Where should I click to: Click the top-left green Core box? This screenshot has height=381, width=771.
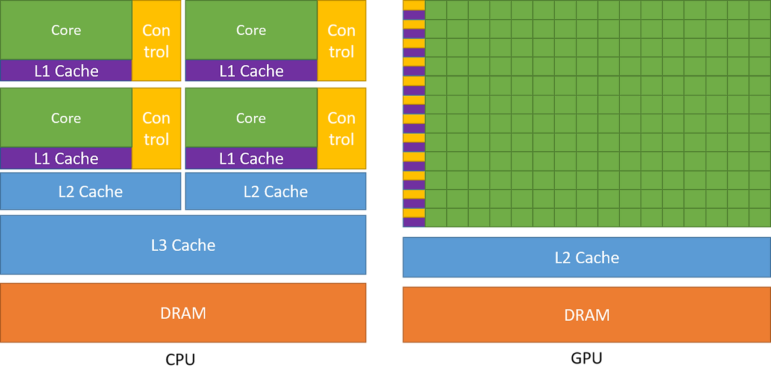[66, 30]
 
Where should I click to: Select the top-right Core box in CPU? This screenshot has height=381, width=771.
[251, 30]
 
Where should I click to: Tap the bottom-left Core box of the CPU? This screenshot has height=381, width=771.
[66, 118]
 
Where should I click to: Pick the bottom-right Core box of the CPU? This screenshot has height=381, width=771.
[251, 118]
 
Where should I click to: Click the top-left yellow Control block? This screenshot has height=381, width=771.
[157, 41]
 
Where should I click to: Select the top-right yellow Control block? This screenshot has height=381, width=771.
[342, 41]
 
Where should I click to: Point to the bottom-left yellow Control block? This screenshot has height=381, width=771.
[157, 128]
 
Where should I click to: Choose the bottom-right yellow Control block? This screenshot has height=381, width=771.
[342, 128]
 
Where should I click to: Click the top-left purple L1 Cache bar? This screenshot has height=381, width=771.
[66, 71]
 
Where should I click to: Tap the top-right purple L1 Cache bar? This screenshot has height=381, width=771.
[251, 71]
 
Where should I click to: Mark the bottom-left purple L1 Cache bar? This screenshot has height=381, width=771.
[66, 159]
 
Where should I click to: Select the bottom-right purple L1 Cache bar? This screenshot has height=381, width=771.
[251, 159]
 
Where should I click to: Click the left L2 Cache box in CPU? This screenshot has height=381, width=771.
[90, 192]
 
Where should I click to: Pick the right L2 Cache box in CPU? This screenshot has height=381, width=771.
[275, 192]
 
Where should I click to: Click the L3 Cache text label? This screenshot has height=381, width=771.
[183, 245]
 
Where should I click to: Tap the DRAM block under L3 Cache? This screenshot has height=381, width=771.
[183, 313]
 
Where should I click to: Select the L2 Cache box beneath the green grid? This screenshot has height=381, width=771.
[586, 257]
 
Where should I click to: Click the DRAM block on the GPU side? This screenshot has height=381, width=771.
[586, 315]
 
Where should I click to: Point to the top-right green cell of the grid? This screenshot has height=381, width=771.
[760, 10]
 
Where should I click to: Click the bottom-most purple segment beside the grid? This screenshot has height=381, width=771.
[414, 222]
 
